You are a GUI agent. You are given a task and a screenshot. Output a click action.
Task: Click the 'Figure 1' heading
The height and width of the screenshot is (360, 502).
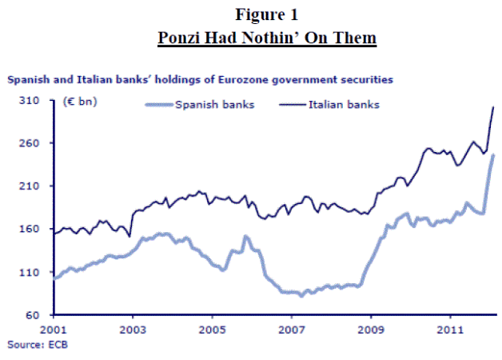pos(251,14)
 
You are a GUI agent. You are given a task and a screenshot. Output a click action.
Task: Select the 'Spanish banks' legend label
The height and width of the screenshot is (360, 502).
pos(215,105)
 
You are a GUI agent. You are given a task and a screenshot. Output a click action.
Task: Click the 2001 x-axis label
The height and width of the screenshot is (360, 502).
pos(53,329)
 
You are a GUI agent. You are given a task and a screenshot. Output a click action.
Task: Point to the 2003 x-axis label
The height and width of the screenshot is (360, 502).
pos(132,329)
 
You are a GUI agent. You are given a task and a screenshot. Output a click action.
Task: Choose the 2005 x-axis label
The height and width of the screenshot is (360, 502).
pos(212,329)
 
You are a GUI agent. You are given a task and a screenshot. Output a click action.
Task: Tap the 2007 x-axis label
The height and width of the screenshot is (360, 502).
pos(291,329)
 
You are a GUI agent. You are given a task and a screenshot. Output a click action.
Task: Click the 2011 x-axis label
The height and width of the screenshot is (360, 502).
pos(450,329)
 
